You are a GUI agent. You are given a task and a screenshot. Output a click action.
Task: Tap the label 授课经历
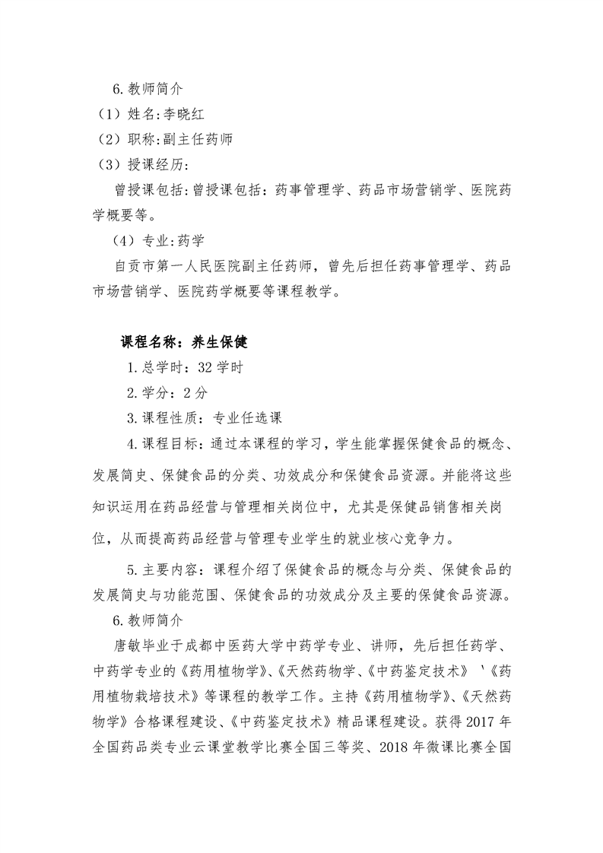pos(148,164)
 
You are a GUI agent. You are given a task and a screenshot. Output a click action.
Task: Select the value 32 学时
pos(221,368)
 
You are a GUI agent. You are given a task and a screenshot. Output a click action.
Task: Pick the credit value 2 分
pos(195,393)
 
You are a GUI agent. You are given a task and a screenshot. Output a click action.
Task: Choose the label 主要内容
pos(165,569)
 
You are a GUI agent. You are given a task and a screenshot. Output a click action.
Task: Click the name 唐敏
pos(125,645)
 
